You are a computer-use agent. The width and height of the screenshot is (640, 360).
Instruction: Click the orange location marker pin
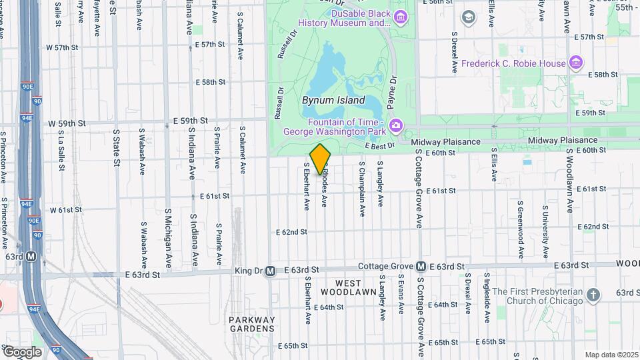click(321, 158)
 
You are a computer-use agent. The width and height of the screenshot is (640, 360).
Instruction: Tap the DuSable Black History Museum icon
click(400, 17)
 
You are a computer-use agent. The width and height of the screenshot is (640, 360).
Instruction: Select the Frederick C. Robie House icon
click(577, 63)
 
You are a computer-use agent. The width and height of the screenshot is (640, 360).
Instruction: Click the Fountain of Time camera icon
click(395, 125)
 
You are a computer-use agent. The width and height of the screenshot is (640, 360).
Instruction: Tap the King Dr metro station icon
click(270, 271)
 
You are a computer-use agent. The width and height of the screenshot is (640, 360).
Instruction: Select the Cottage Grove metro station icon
click(421, 266)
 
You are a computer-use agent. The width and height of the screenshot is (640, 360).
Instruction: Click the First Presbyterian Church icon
click(594, 294)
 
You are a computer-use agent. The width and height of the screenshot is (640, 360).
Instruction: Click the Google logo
click(21, 351)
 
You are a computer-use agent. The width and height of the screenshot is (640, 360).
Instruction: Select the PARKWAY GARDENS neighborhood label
click(252, 324)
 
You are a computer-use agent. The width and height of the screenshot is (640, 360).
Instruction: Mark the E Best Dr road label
click(381, 145)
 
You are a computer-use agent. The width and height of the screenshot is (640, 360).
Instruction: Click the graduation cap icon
click(469, 15)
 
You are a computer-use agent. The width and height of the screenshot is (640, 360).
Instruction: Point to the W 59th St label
click(67, 123)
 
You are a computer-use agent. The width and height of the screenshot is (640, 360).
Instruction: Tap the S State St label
click(116, 147)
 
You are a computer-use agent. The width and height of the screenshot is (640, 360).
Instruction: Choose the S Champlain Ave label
click(362, 188)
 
